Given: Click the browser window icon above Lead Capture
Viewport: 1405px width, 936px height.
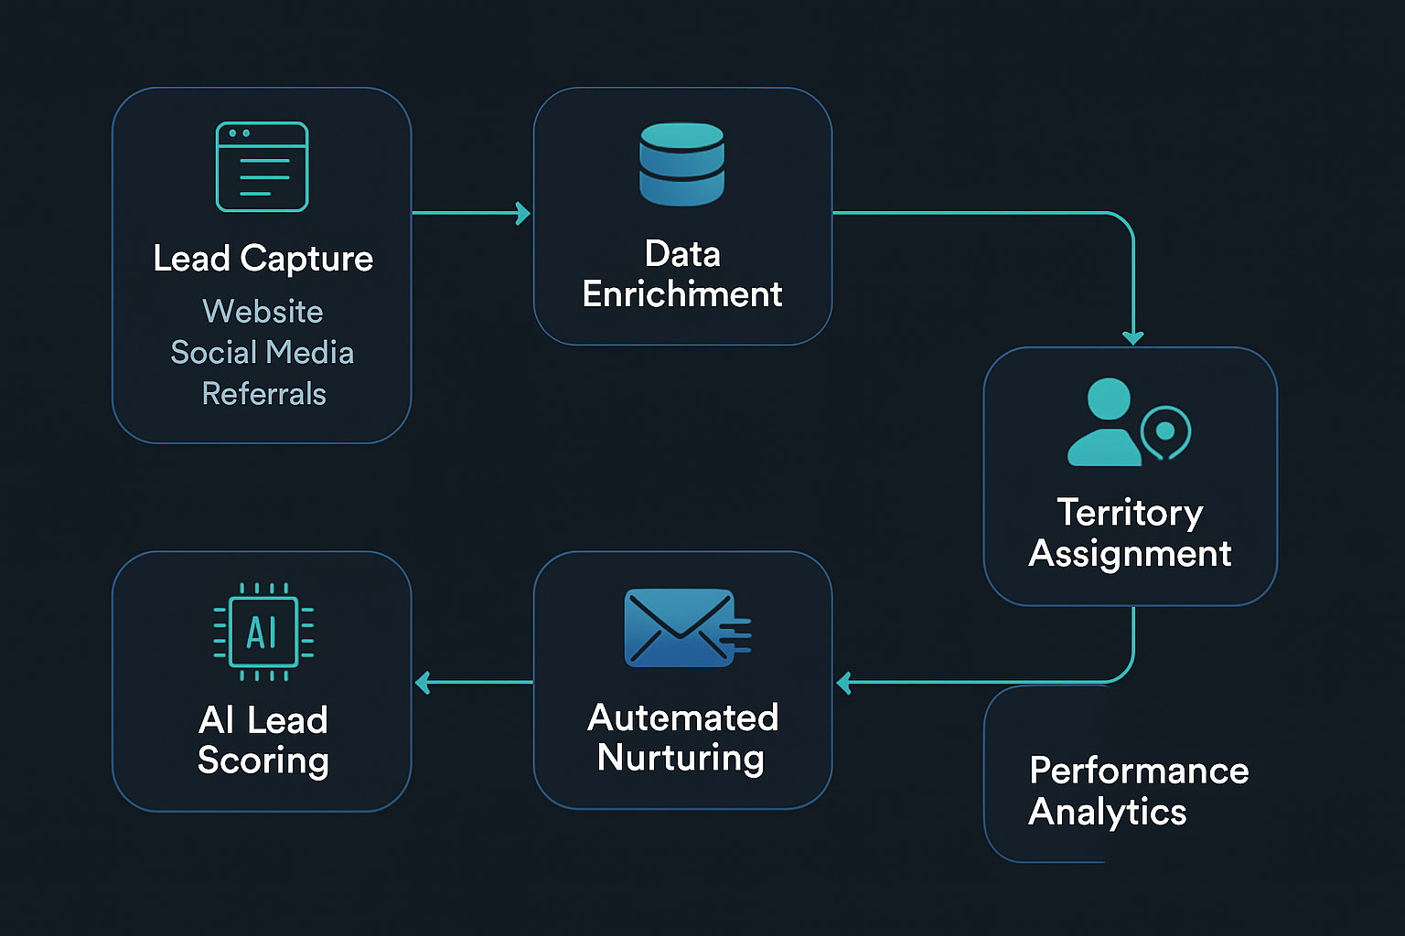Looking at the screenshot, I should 263,166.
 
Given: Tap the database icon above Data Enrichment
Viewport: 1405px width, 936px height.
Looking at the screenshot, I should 682,165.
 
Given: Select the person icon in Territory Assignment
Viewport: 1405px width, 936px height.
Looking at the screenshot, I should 1106,423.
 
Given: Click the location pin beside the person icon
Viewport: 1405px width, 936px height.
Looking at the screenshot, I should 1165,432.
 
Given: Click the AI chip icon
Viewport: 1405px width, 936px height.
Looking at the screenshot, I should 263,632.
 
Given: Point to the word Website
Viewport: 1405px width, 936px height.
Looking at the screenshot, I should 263,312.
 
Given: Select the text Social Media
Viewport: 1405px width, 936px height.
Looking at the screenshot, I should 263,353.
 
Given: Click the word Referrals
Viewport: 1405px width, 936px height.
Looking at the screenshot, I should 263,394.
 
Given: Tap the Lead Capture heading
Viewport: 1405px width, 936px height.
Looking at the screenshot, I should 263,259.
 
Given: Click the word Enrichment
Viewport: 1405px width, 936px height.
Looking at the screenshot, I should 682,294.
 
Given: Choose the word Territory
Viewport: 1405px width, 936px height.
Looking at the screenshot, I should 1131,513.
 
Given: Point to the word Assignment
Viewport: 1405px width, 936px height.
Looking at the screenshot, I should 1131,554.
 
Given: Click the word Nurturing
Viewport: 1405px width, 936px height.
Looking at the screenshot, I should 681,759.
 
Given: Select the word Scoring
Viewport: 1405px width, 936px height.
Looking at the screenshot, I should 263,761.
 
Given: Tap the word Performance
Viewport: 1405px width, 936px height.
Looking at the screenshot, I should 1140,771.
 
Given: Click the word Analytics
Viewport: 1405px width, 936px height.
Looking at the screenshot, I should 1108,812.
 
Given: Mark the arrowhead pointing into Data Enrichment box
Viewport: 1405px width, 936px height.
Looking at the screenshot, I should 524,213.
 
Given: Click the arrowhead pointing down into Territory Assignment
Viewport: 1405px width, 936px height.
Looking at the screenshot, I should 1133,338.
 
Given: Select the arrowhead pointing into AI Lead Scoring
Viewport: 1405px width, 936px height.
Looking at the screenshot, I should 422,682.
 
